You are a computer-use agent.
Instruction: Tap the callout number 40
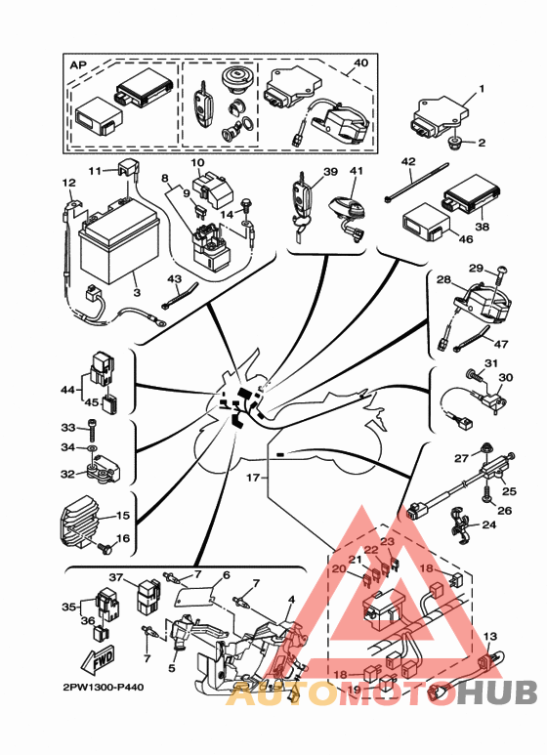tap(360, 63)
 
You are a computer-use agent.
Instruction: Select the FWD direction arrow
tap(98, 659)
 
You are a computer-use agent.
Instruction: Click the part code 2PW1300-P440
tap(103, 687)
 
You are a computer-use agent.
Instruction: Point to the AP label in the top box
tap(78, 65)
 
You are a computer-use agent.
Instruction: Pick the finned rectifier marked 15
tap(78, 522)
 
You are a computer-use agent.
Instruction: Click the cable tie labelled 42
tap(416, 183)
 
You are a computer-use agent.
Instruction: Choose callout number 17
tap(253, 478)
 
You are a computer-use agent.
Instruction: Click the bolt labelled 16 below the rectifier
tap(105, 547)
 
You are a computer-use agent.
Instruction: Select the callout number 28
tap(443, 279)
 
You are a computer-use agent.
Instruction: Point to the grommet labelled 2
tap(453, 143)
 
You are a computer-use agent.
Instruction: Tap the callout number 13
tap(489, 637)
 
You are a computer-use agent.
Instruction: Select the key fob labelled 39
tap(301, 205)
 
